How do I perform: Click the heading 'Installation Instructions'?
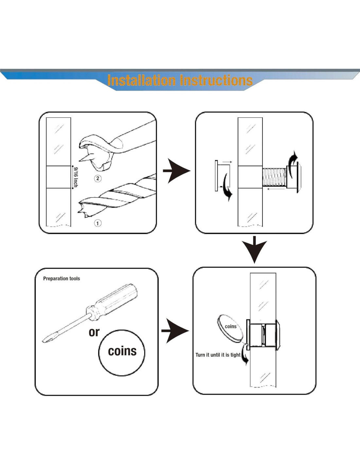[180, 80]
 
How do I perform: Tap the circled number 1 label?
[98, 223]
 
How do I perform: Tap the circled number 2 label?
[98, 178]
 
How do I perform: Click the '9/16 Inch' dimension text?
[76, 177]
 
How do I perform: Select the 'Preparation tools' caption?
[62, 279]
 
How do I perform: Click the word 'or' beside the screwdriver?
[94, 332]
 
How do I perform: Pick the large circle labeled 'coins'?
[122, 353]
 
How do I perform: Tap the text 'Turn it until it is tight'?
[218, 355]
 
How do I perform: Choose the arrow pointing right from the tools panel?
[175, 331]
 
